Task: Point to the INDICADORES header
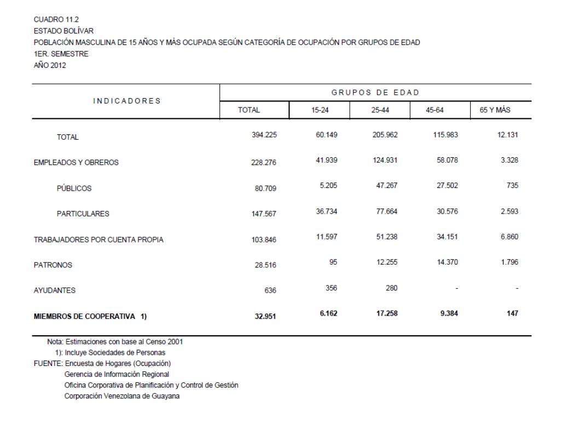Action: click(x=126, y=101)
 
